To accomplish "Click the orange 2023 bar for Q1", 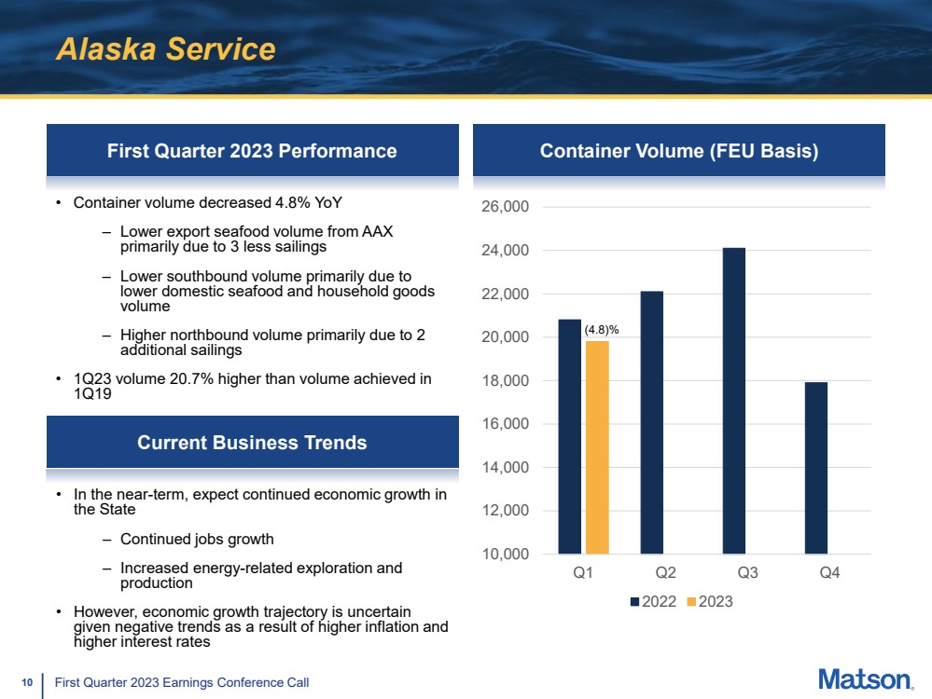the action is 597,447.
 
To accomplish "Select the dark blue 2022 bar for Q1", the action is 569,436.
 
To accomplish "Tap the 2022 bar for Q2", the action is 651,422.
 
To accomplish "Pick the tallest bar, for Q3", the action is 733,401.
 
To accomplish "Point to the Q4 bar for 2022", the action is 815,468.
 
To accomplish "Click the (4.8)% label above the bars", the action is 602,330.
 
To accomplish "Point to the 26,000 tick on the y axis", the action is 505,207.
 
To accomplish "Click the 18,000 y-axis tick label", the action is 505,380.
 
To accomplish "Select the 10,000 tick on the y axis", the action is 505,554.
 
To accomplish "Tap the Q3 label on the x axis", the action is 747,572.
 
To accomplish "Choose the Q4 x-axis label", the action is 829,572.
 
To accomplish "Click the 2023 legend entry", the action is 710,601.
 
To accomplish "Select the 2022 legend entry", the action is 653,601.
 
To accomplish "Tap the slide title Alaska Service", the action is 166,48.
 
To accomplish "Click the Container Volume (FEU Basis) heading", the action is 679,151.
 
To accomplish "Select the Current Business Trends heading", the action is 252,443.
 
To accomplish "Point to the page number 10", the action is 27,682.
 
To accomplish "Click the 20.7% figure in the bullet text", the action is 191,379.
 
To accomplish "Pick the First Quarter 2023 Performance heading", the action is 252,151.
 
